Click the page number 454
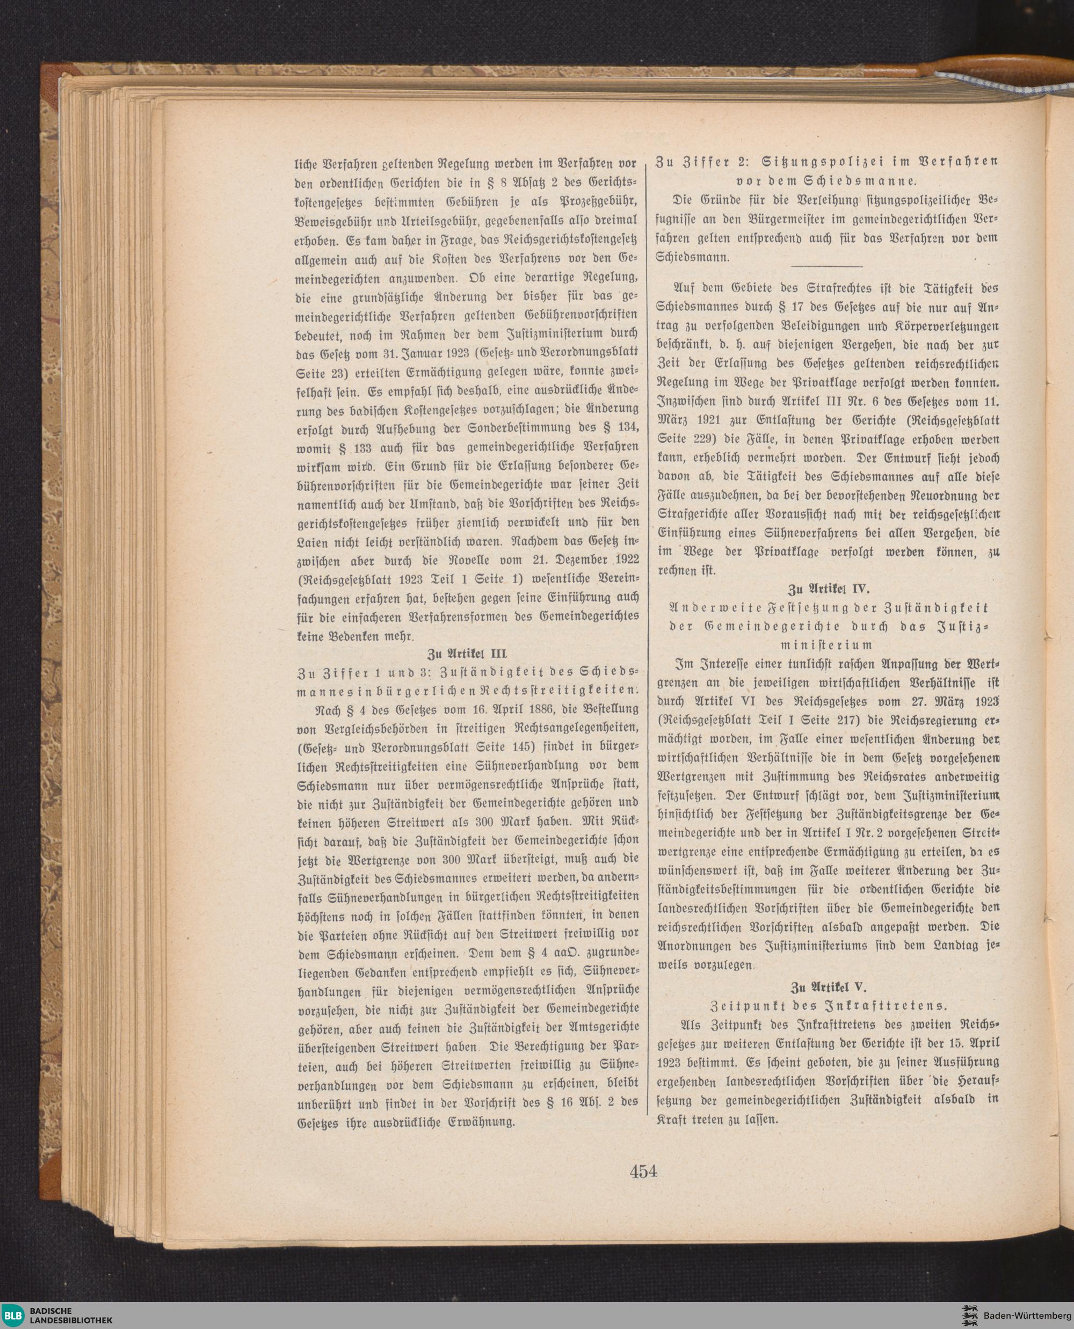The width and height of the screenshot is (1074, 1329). tap(643, 1171)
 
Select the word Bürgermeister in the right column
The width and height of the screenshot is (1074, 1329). tap(800, 220)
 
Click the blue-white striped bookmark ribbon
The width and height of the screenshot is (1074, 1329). tap(1002, 86)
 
